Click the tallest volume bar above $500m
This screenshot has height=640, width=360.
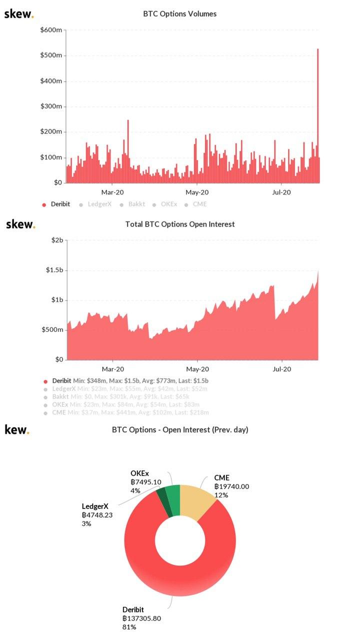tap(318, 115)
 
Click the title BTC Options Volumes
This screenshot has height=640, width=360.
tap(180, 14)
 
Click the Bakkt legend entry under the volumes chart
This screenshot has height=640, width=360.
tap(136, 204)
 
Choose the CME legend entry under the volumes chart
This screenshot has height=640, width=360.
tap(199, 204)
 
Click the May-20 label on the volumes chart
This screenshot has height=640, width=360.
tap(197, 192)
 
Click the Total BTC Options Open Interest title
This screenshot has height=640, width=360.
tap(180, 224)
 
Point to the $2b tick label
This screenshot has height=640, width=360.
tap(58, 240)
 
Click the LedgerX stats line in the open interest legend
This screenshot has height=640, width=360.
tap(129, 388)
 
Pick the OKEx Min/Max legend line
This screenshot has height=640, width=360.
tap(125, 404)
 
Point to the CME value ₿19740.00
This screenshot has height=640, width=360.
tap(231, 486)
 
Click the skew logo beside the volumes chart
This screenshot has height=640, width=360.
tap(19, 14)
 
